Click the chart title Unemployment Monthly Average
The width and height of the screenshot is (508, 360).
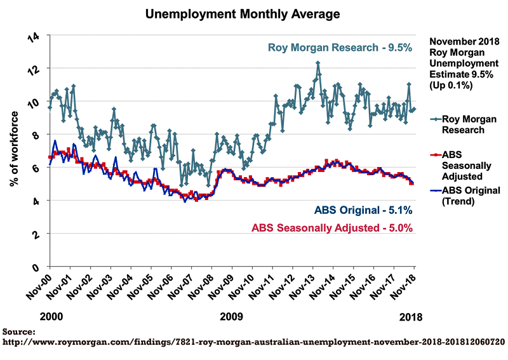[x=243, y=14]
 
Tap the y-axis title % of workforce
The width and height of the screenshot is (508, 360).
[x=14, y=149]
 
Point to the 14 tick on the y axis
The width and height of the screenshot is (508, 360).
[x=34, y=37]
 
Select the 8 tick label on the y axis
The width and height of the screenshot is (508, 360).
[x=36, y=135]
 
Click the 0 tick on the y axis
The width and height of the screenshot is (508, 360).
[x=36, y=268]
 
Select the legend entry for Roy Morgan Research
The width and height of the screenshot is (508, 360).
[x=464, y=124]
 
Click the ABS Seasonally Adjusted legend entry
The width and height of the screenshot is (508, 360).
[x=461, y=166]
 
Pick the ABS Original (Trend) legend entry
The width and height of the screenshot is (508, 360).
[x=465, y=196]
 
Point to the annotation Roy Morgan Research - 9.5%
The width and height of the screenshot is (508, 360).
[x=340, y=48]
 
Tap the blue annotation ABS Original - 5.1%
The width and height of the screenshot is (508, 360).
[x=363, y=210]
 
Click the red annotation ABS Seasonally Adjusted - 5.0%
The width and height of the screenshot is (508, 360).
[x=332, y=228]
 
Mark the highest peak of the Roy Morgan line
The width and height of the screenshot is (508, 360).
[x=318, y=62]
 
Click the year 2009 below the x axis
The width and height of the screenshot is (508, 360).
[x=231, y=317]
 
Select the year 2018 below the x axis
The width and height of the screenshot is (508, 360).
[x=411, y=317]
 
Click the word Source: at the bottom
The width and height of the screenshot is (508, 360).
[x=18, y=332]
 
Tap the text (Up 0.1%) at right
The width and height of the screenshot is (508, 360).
[x=451, y=85]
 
